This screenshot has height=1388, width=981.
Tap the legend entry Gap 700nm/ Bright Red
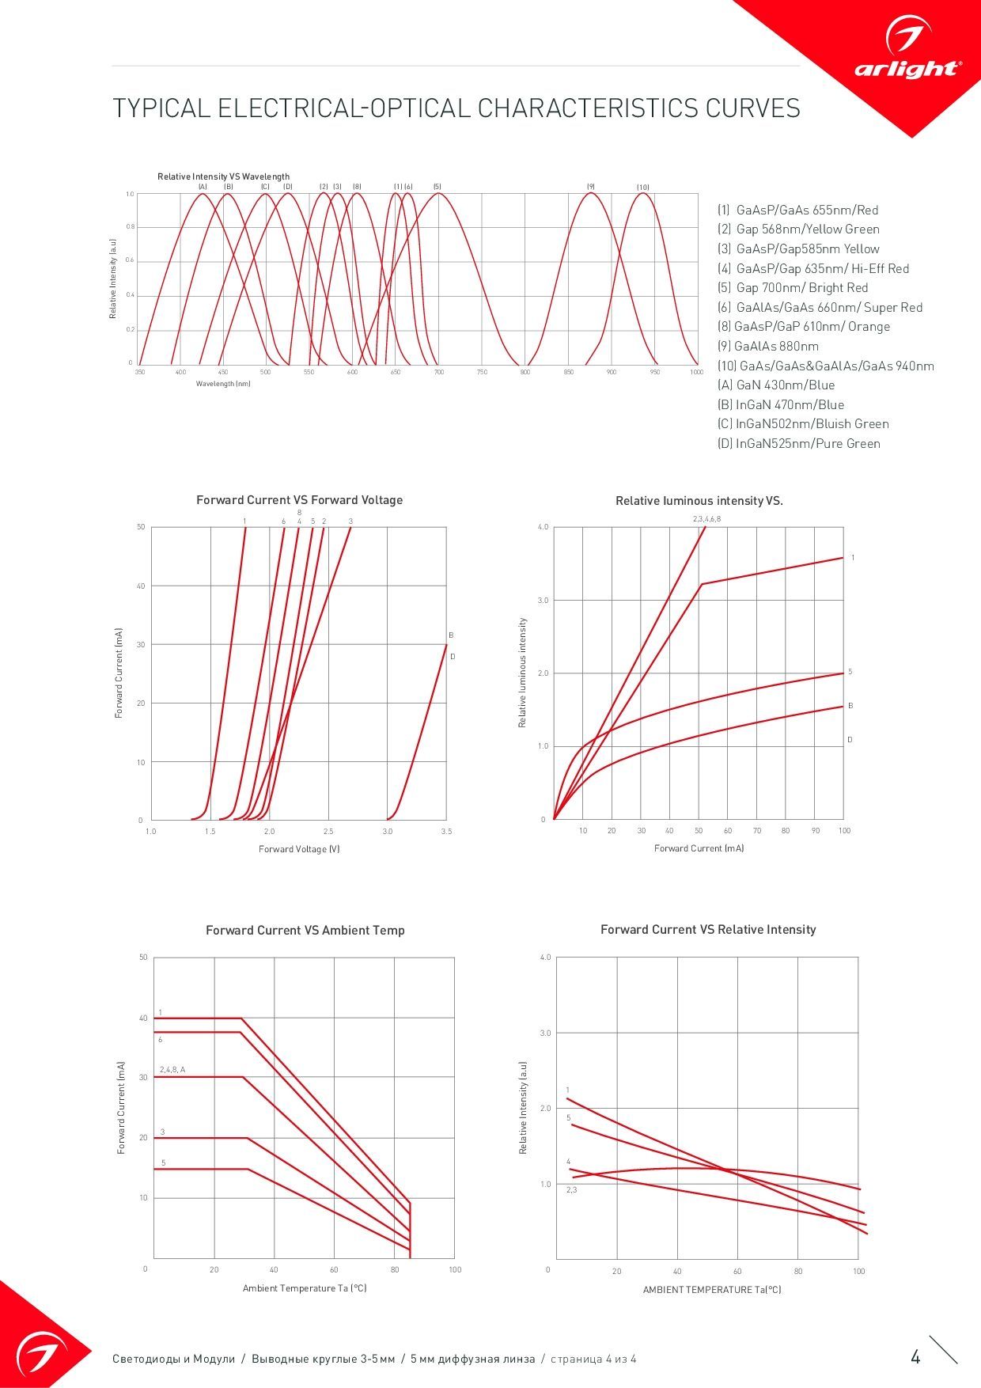pos(793,288)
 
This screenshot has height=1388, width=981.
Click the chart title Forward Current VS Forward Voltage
pos(299,500)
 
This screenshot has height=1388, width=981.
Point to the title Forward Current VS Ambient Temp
pos(305,931)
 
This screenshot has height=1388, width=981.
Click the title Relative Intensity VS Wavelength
pos(223,176)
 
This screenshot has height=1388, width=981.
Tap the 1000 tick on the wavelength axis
pos(696,372)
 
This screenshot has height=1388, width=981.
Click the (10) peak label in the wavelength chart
pos(643,188)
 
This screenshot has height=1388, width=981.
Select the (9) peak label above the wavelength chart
pos(590,187)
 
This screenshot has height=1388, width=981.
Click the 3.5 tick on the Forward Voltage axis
pos(446,832)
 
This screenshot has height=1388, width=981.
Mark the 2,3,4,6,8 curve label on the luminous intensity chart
pos(706,519)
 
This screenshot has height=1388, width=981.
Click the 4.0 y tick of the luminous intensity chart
pos(543,527)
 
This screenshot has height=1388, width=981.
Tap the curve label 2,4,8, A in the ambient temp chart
pos(172,1070)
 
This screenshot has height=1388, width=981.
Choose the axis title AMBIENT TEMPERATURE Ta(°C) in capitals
pos(712,1290)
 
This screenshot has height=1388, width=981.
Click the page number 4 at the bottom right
pos(915,1358)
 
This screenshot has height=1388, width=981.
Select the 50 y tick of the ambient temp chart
pos(143,958)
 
